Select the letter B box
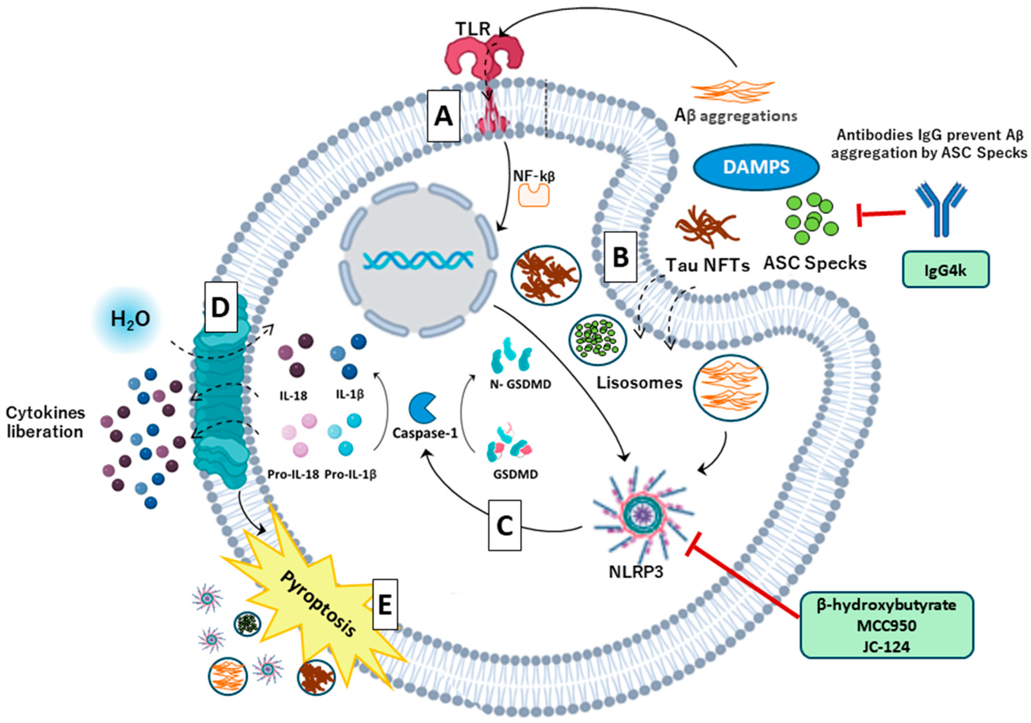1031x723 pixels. coord(620,257)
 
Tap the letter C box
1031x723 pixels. coord(504,525)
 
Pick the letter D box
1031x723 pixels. coord(220,307)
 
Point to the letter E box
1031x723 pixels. coord(385,604)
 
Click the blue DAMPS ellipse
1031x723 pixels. coord(756,167)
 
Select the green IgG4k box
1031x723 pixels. coord(945,269)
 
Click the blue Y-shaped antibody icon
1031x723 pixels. coord(940,209)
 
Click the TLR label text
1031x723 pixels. coord(473,29)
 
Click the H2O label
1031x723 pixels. coord(130,319)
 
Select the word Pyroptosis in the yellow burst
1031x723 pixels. coord(318,603)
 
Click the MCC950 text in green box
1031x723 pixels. coord(887,625)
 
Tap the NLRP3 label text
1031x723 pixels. coord(636,572)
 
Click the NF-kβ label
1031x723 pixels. coord(534,175)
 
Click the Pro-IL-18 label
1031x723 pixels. coord(293,474)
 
